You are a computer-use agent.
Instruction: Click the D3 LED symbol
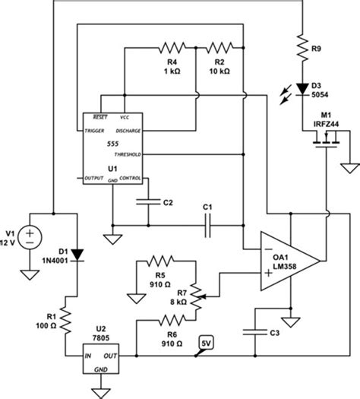[303, 89]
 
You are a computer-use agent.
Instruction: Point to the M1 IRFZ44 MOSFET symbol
[322, 138]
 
